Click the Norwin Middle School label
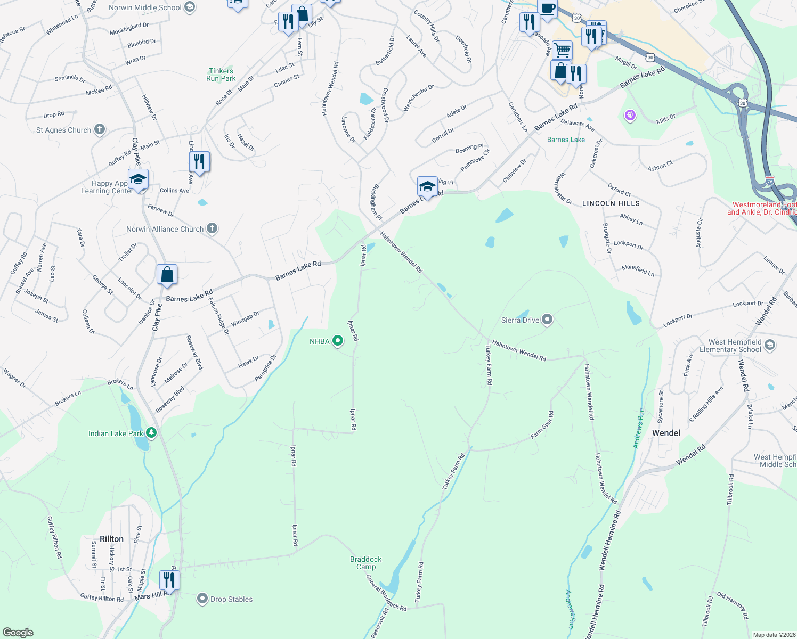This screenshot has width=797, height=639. (x=145, y=7)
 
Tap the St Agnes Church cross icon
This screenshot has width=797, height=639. (x=100, y=129)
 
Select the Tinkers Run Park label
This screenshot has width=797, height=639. (x=221, y=75)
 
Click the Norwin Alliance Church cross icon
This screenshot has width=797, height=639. (x=212, y=228)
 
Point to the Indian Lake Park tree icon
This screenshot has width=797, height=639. (x=151, y=432)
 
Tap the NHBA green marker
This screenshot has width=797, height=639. (x=337, y=340)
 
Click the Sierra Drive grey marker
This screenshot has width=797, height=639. (x=547, y=319)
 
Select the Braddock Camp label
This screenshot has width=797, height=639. (x=366, y=563)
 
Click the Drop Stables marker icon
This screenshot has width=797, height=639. (x=202, y=599)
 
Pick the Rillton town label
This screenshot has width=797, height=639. (x=111, y=539)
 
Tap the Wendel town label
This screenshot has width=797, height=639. (x=666, y=433)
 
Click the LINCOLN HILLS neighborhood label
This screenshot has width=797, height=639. (x=611, y=203)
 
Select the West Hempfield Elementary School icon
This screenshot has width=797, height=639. (x=769, y=346)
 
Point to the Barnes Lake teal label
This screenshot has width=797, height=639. (x=566, y=140)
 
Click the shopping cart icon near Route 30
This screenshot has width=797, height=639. (x=562, y=51)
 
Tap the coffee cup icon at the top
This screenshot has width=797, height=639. (x=547, y=8)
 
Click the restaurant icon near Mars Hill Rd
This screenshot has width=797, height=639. (x=169, y=579)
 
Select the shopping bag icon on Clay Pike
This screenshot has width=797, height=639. (x=167, y=274)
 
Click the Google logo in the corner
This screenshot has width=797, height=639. (x=18, y=632)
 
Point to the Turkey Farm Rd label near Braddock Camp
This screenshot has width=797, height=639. (x=419, y=582)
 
